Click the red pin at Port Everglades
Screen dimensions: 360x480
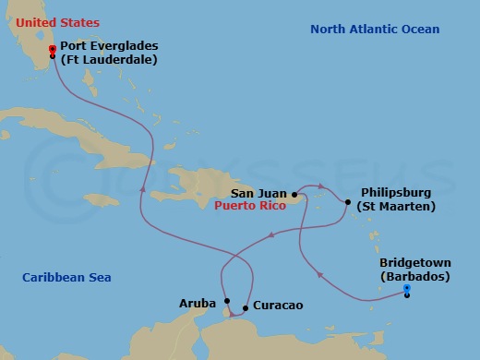(x=52, y=49)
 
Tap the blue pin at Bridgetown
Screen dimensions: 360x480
(x=407, y=289)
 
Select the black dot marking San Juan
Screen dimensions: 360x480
(x=294, y=195)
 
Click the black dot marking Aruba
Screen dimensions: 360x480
(x=227, y=300)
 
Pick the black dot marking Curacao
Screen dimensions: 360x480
(x=245, y=308)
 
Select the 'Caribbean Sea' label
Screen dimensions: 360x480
(x=62, y=276)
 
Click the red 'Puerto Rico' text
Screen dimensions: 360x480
(x=249, y=207)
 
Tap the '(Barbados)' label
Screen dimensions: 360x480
(x=414, y=277)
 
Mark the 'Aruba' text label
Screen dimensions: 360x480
(x=198, y=302)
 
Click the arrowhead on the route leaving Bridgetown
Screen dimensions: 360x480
(x=318, y=274)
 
